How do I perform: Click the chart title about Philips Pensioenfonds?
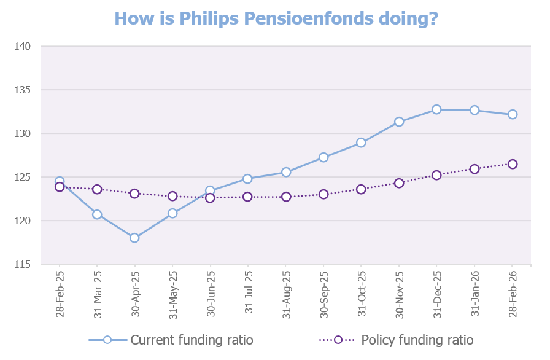[276, 18]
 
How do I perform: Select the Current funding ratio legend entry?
[170, 340]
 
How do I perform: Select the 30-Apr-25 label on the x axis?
[135, 294]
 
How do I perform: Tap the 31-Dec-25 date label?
[437, 294]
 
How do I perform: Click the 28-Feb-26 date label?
[513, 294]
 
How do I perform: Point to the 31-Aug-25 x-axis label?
[286, 294]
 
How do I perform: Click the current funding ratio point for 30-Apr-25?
[134, 238]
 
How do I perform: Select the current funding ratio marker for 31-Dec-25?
[436, 109]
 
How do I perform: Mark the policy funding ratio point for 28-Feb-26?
[513, 164]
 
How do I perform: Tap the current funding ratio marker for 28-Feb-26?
[513, 114]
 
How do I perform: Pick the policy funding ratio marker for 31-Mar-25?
[97, 189]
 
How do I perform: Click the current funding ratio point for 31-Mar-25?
[97, 214]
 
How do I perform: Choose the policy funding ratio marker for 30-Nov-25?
[399, 183]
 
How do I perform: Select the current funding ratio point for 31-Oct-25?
[361, 143]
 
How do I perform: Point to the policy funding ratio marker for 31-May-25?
[172, 196]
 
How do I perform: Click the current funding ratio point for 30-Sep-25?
[323, 157]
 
